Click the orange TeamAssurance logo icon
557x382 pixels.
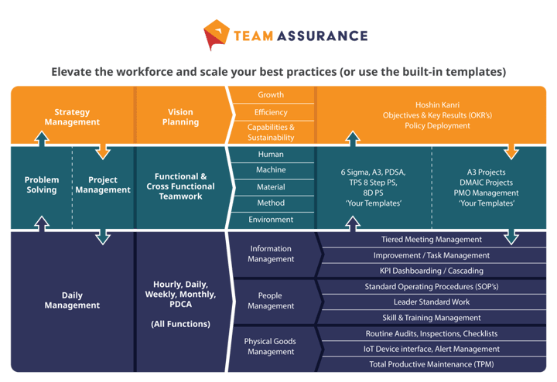coord(217,33)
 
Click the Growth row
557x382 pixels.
coord(271,95)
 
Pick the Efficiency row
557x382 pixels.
coord(271,113)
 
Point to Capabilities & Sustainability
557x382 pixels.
coord(271,132)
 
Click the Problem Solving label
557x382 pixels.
coord(41,185)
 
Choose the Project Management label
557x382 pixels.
coord(103,185)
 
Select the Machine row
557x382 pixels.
coord(271,170)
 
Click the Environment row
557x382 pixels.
coord(271,220)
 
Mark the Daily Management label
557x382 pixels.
coord(72,300)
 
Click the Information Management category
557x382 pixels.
coord(271,254)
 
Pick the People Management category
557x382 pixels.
coord(271,301)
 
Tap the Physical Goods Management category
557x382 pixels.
coord(271,346)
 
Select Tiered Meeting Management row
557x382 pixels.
coord(432,240)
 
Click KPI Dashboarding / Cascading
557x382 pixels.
coord(432,271)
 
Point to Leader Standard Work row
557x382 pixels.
coord(432,302)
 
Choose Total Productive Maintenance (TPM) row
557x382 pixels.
coord(432,364)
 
